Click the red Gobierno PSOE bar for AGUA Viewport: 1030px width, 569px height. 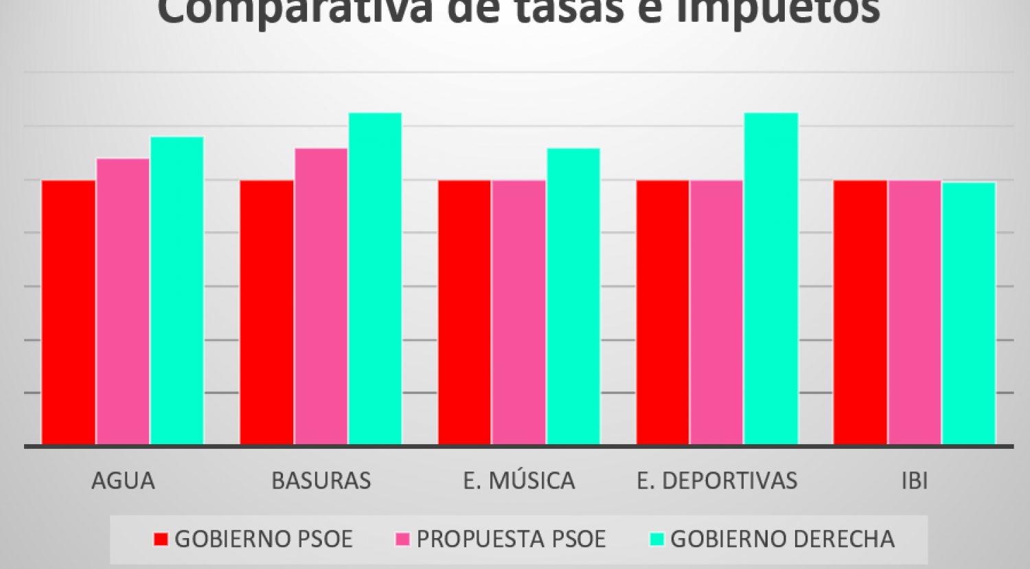point(69,312)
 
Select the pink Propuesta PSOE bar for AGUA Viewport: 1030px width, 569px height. point(123,301)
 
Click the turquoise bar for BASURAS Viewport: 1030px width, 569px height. point(375,279)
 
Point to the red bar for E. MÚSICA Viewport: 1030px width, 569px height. point(465,312)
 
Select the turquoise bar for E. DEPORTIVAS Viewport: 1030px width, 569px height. point(771,279)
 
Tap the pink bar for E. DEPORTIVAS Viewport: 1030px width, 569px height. point(717,312)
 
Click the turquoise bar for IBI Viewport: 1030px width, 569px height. point(969,313)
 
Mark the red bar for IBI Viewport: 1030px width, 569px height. point(860,312)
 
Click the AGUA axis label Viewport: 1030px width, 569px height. point(123,480)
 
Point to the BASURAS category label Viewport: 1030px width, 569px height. point(321,480)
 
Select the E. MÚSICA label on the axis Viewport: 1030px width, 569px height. point(519,480)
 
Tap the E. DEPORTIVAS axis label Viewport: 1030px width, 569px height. point(717,480)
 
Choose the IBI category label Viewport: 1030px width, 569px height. point(915,480)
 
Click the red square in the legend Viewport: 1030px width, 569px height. point(161,539)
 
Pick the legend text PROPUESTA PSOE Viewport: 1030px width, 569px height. point(511,539)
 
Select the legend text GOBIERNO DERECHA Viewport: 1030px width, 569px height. point(782,539)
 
